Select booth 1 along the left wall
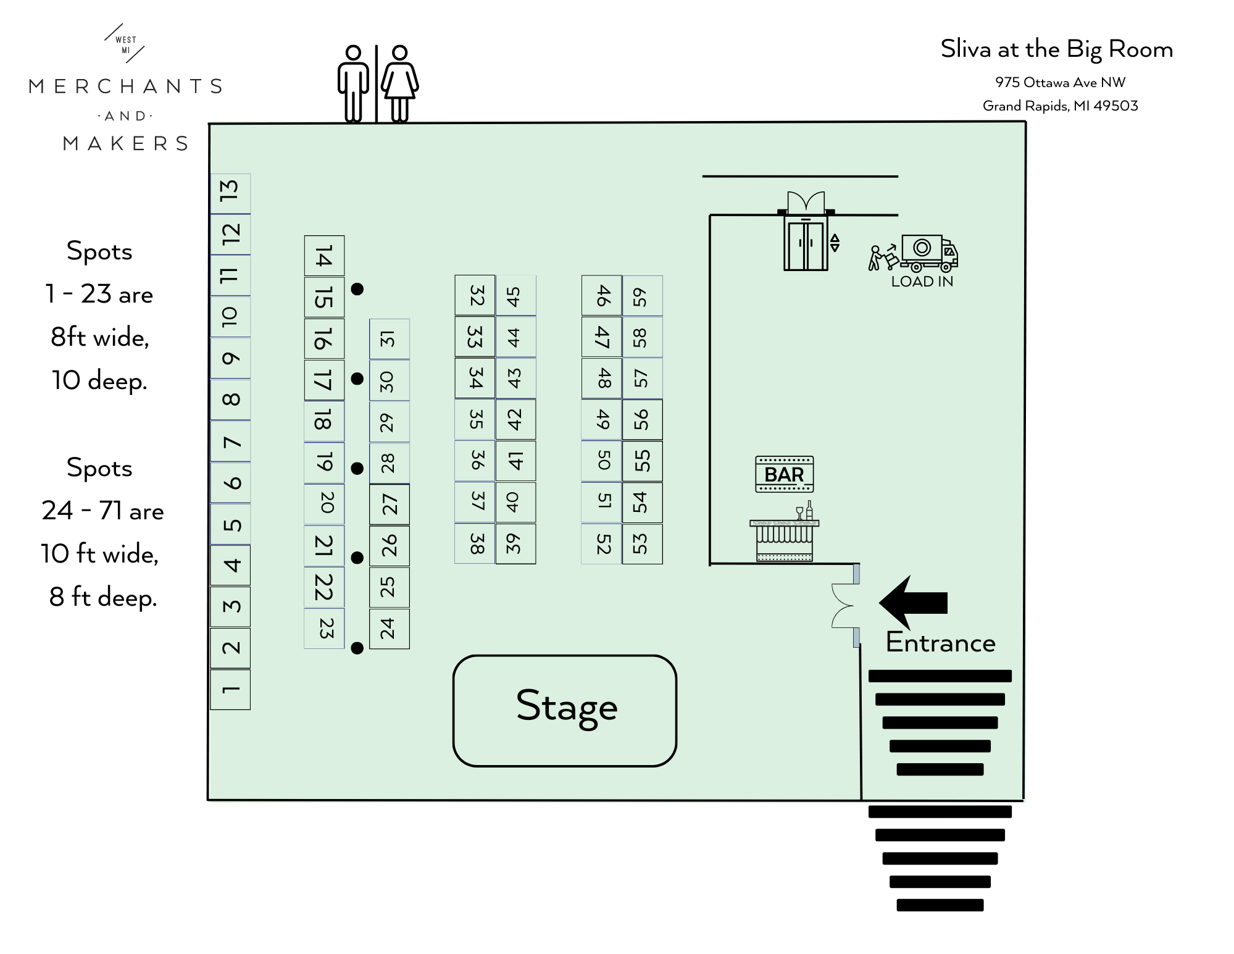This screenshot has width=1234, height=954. (230, 689)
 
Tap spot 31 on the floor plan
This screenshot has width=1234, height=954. (389, 338)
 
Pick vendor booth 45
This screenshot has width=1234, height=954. (515, 295)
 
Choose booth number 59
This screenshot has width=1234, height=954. (642, 296)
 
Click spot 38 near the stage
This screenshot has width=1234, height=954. (475, 543)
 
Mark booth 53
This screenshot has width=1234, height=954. (642, 543)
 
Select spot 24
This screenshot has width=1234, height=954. (389, 629)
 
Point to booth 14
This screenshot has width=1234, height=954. (324, 256)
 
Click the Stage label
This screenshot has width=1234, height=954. (566, 707)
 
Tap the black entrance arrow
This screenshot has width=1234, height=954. (913, 602)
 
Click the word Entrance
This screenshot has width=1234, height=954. (940, 643)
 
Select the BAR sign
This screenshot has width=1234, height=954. (784, 474)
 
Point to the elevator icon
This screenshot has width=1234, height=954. (806, 244)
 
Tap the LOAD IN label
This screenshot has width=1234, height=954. (922, 282)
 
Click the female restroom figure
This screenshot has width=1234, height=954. (400, 83)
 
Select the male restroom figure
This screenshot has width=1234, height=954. (353, 83)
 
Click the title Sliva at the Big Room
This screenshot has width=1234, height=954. (1056, 49)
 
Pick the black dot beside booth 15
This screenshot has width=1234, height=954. (357, 288)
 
